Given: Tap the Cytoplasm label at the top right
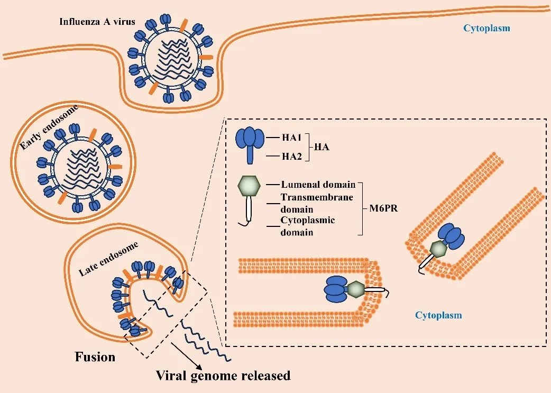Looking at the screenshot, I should click(x=486, y=28).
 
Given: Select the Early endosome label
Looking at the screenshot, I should click(x=49, y=127).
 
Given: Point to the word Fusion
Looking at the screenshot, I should click(x=95, y=357).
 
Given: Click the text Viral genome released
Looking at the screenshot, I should click(x=223, y=376).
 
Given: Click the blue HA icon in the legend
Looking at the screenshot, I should click(x=250, y=143).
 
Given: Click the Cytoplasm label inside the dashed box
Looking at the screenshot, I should click(x=438, y=315).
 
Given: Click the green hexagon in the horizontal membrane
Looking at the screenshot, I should click(x=355, y=289).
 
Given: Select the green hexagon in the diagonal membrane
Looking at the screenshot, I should click(x=438, y=248).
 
